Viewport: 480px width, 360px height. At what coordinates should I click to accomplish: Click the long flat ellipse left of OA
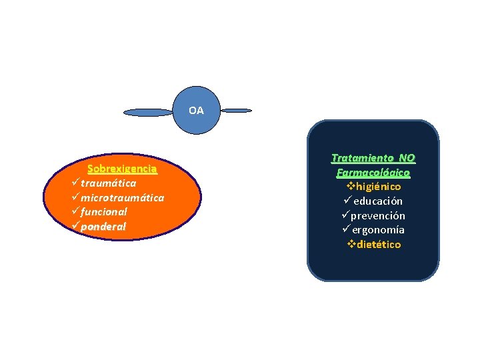coord(149,113)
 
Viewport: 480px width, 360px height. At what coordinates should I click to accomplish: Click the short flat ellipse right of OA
coord(236,110)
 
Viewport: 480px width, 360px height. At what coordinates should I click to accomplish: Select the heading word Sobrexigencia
coord(123,169)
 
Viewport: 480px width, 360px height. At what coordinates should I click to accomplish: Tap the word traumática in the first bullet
coord(109,183)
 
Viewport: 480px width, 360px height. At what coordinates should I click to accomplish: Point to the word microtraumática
coord(123,198)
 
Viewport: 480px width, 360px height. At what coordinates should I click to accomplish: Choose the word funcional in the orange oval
coord(104,212)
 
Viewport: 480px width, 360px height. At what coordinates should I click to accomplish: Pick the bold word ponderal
coord(103,227)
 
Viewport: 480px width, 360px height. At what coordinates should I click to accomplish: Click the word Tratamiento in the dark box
coord(363,158)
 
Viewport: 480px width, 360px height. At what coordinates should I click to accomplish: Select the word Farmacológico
coord(373,173)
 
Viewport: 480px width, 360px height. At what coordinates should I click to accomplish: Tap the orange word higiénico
coord(378,187)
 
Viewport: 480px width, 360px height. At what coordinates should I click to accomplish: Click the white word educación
coord(378,201)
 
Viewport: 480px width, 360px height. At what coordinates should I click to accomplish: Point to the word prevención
coord(379,216)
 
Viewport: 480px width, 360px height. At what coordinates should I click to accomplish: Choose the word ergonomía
coord(379,230)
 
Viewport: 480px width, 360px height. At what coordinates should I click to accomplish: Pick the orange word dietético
coord(379,245)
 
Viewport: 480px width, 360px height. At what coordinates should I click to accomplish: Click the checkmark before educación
coord(347,201)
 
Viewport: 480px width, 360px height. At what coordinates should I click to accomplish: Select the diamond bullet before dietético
coord(351,244)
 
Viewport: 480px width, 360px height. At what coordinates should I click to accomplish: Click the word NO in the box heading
coord(407,158)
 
